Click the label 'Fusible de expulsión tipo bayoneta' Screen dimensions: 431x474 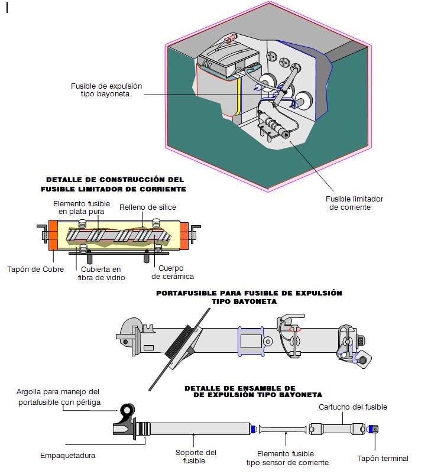pos(106,90)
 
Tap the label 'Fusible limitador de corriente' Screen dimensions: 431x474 pos(354,203)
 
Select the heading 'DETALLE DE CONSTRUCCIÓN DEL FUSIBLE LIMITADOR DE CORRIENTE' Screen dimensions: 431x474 pos(114,184)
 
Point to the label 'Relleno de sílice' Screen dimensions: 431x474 pos(148,207)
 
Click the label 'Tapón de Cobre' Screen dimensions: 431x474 pos(35,270)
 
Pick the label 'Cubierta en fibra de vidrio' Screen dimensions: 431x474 pos(101,273)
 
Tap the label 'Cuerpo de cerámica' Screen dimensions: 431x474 pos(173,272)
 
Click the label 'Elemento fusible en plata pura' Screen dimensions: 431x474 pos(82,207)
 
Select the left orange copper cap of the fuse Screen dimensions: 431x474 pos(53,235)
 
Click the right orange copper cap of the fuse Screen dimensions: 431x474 pos(184,235)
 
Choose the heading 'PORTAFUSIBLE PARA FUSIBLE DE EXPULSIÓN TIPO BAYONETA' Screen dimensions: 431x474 pos(249,297)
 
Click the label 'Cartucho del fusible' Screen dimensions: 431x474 pos(353,407)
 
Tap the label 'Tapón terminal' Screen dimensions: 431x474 pos(383,459)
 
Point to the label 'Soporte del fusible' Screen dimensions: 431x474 pos(195,456)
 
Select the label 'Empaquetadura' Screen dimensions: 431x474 pos(67,456)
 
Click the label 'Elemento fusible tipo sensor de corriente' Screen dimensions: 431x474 pos(287,458)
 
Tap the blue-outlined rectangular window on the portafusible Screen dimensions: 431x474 pos(251,341)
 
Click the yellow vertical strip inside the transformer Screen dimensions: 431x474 pos(238,96)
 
